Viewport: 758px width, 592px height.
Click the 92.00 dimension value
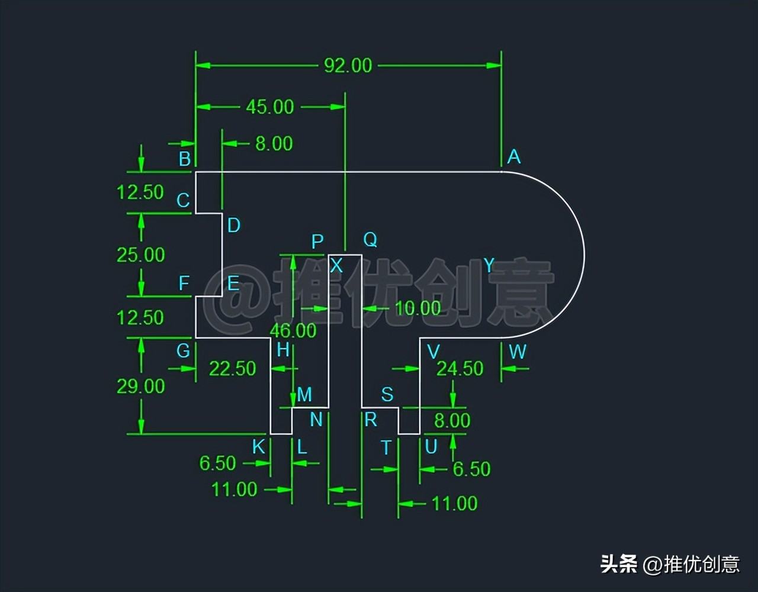click(x=348, y=65)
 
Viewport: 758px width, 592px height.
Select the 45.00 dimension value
click(x=269, y=107)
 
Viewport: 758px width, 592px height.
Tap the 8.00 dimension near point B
click(x=274, y=143)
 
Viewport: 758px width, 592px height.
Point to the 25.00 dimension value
click(x=140, y=255)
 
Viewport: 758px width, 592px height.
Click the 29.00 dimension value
click(x=140, y=386)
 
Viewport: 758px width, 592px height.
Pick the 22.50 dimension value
click(x=232, y=368)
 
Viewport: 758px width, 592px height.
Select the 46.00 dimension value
click(x=293, y=330)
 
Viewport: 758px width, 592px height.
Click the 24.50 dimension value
click(x=460, y=368)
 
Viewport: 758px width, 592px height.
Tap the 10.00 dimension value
click(x=417, y=308)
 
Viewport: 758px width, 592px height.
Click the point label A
click(x=513, y=157)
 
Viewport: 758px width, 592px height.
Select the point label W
click(x=517, y=352)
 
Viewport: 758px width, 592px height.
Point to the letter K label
click(x=259, y=447)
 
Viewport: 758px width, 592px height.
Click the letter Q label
click(x=370, y=240)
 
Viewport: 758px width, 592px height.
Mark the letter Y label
click(x=489, y=265)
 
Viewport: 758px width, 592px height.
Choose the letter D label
click(x=234, y=225)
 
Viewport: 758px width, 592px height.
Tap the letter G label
click(x=183, y=350)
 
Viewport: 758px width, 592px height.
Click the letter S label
click(x=387, y=394)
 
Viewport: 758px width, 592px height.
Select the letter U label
click(x=431, y=447)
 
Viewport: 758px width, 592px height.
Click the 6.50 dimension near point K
click(x=217, y=463)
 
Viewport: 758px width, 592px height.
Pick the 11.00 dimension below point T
click(x=454, y=504)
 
